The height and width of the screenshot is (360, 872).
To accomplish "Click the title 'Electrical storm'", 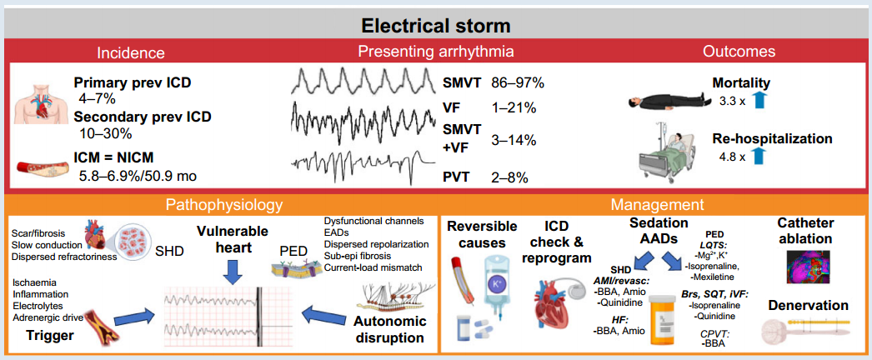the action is point(436,26).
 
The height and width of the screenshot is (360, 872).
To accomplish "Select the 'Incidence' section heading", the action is point(131,52).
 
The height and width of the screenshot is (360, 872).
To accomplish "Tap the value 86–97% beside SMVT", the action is point(518,83).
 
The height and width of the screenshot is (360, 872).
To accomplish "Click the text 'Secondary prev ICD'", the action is point(143,118).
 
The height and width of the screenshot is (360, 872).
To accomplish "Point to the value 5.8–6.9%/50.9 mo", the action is point(138,177).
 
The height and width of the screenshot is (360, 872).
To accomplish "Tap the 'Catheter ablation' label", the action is point(806,231).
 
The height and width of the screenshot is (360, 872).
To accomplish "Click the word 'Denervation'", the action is point(809,305).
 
